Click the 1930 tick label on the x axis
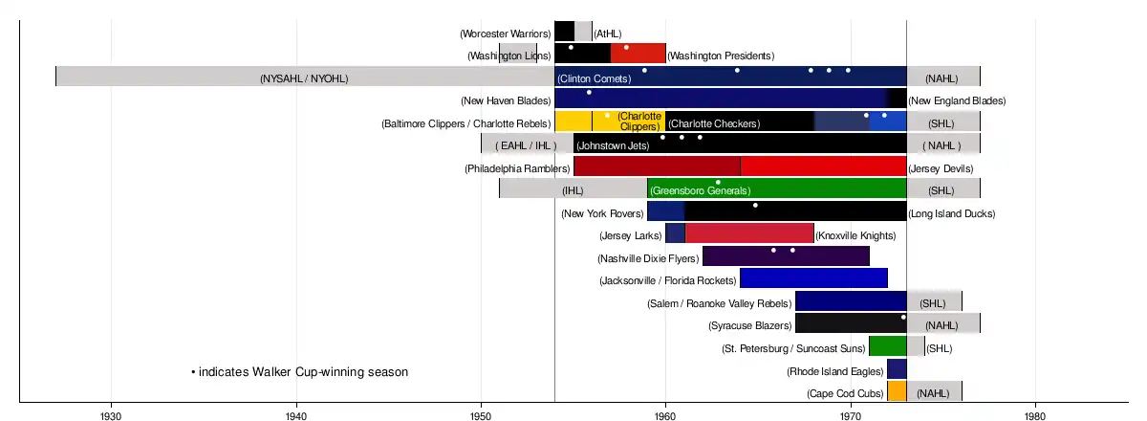click(112, 416)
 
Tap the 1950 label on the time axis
click(481, 416)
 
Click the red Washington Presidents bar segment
click(638, 54)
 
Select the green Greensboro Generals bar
click(776, 188)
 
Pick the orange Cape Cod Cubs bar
click(897, 391)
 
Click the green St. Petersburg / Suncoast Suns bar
click(887, 346)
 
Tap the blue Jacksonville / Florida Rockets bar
click(813, 278)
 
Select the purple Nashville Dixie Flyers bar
click(786, 256)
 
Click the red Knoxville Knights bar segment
click(749, 233)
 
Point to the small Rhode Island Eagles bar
click(897, 369)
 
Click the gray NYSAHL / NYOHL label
click(304, 78)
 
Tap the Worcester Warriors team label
click(505, 33)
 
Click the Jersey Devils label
click(941, 168)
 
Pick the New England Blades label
click(957, 100)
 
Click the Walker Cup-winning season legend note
click(300, 371)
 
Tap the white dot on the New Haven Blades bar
click(589, 93)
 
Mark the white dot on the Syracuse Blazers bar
click(903, 317)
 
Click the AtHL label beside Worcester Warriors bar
click(607, 33)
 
